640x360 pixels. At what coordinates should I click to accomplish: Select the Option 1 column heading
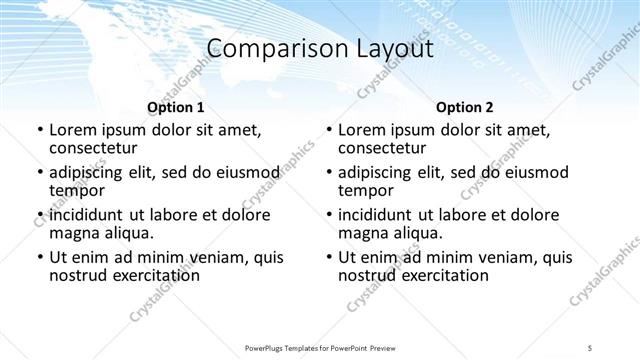point(175,107)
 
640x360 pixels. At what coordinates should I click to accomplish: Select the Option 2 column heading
point(465,107)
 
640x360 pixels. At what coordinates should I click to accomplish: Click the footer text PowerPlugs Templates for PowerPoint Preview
point(319,349)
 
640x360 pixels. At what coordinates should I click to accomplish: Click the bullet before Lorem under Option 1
point(39,131)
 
